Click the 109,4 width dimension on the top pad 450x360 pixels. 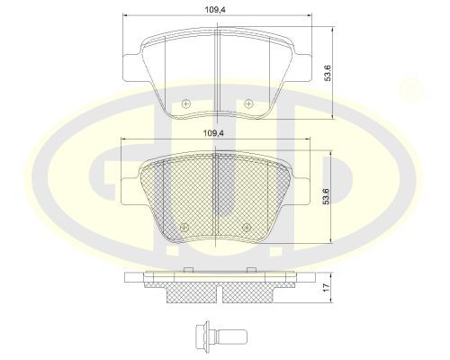pyautogui.click(x=215, y=10)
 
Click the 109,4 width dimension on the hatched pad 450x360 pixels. pyautogui.click(x=213, y=133)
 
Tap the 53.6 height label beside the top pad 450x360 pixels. pyautogui.click(x=328, y=72)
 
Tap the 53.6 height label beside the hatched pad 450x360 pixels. pyautogui.click(x=326, y=196)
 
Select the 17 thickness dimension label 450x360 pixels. pyautogui.click(x=327, y=287)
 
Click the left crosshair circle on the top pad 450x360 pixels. pyautogui.click(x=186, y=103)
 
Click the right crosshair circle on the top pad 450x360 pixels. pyautogui.click(x=248, y=103)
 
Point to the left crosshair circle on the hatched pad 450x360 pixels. pyautogui.click(x=184, y=228)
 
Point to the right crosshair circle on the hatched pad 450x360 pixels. pyautogui.click(x=246, y=228)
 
